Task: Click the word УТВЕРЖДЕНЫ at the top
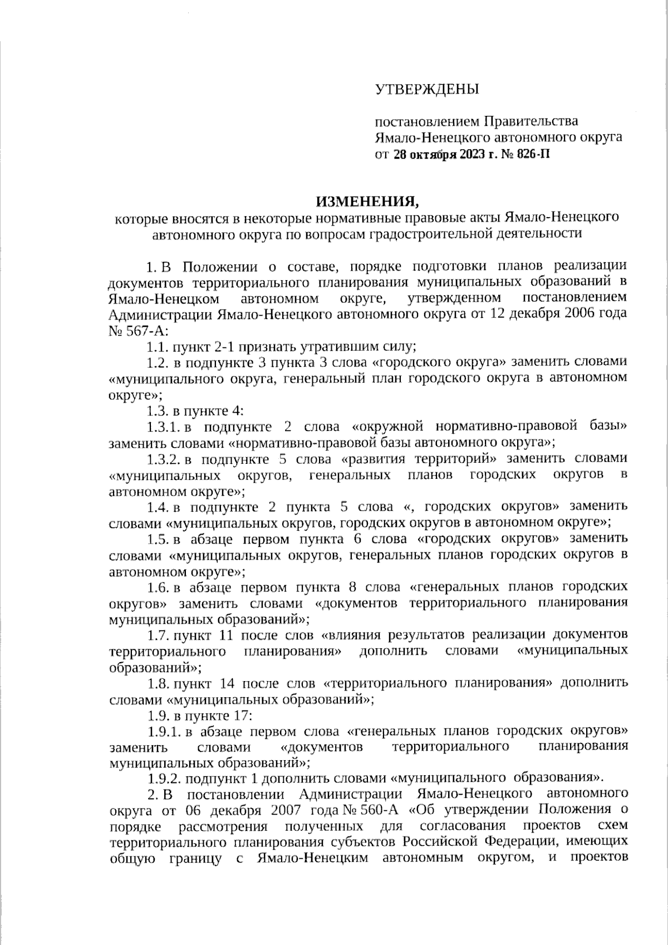click(426, 89)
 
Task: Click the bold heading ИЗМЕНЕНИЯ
click(367, 200)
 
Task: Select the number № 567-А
click(126, 330)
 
